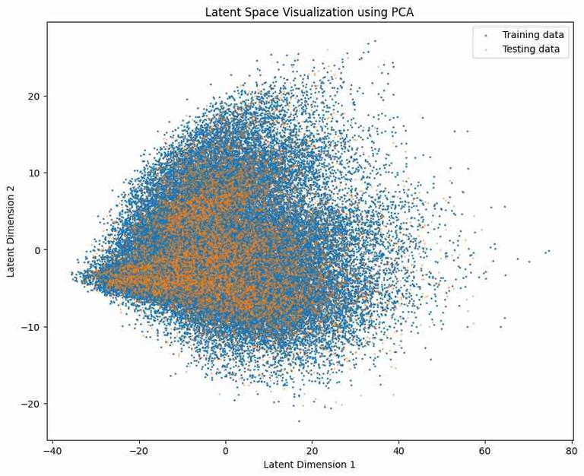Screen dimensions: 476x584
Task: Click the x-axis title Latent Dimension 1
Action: (x=309, y=465)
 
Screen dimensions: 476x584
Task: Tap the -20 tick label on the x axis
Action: (x=138, y=450)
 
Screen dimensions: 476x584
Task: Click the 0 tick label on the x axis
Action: (x=225, y=450)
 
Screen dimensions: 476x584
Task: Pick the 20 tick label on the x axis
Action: (x=312, y=450)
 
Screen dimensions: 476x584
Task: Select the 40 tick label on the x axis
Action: (x=398, y=450)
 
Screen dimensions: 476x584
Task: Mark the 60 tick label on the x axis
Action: (x=484, y=450)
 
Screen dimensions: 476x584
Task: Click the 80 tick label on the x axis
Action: (x=571, y=450)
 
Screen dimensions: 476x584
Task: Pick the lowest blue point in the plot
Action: (x=299, y=420)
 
